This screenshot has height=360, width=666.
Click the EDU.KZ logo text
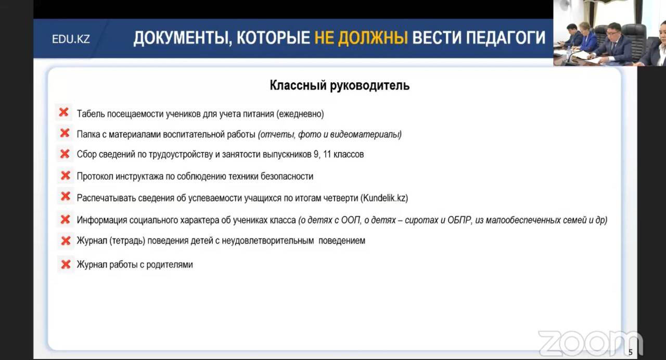(x=71, y=39)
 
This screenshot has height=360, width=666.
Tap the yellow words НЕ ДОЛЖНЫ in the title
(x=361, y=38)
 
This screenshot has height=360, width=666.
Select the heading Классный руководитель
(x=340, y=85)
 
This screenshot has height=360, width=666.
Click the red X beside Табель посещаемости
(x=63, y=112)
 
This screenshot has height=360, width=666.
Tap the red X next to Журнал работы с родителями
(x=66, y=264)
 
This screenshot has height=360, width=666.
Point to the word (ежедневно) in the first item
(x=300, y=114)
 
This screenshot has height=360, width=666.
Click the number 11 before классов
(x=327, y=155)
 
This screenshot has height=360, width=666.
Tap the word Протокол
(x=95, y=176)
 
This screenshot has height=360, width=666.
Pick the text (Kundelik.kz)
(x=384, y=198)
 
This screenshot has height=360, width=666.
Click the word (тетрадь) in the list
(x=127, y=240)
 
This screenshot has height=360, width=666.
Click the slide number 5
(x=630, y=353)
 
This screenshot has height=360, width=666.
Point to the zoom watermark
(x=590, y=343)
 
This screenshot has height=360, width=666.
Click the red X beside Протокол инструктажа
(x=66, y=175)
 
